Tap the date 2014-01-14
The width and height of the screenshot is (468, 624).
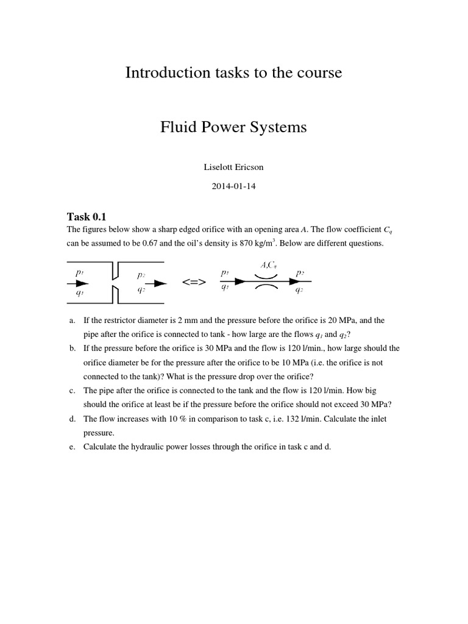click(233, 186)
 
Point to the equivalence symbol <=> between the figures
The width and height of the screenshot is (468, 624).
click(194, 283)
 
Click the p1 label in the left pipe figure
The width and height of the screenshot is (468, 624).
click(80, 273)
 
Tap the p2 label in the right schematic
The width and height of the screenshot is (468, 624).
click(300, 273)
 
